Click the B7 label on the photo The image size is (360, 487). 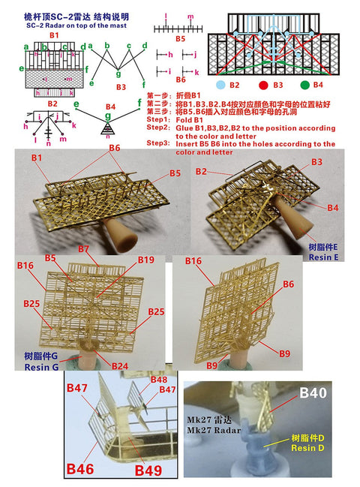(x=82, y=248)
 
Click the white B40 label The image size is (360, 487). (x=314, y=392)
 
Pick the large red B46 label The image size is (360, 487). (x=80, y=469)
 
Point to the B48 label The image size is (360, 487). (x=157, y=380)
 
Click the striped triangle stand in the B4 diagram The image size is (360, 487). (x=110, y=128)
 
